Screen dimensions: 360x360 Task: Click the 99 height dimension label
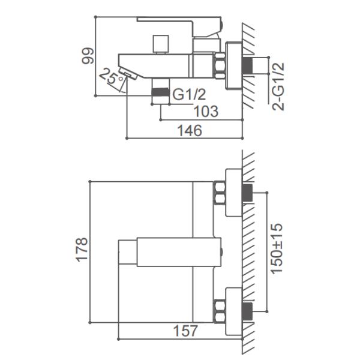pos(88,56)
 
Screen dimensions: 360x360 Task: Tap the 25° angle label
pos(112,76)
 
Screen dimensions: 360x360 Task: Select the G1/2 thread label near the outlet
pos(189,94)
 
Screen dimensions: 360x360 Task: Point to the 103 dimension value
pos(206,112)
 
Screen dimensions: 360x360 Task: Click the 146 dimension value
pos(190,130)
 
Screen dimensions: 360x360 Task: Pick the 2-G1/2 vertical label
pos(278,86)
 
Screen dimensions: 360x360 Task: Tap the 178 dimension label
pos(82,250)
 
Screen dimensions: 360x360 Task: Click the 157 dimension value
pos(185,331)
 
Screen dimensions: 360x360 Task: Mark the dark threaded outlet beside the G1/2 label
pos(160,92)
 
